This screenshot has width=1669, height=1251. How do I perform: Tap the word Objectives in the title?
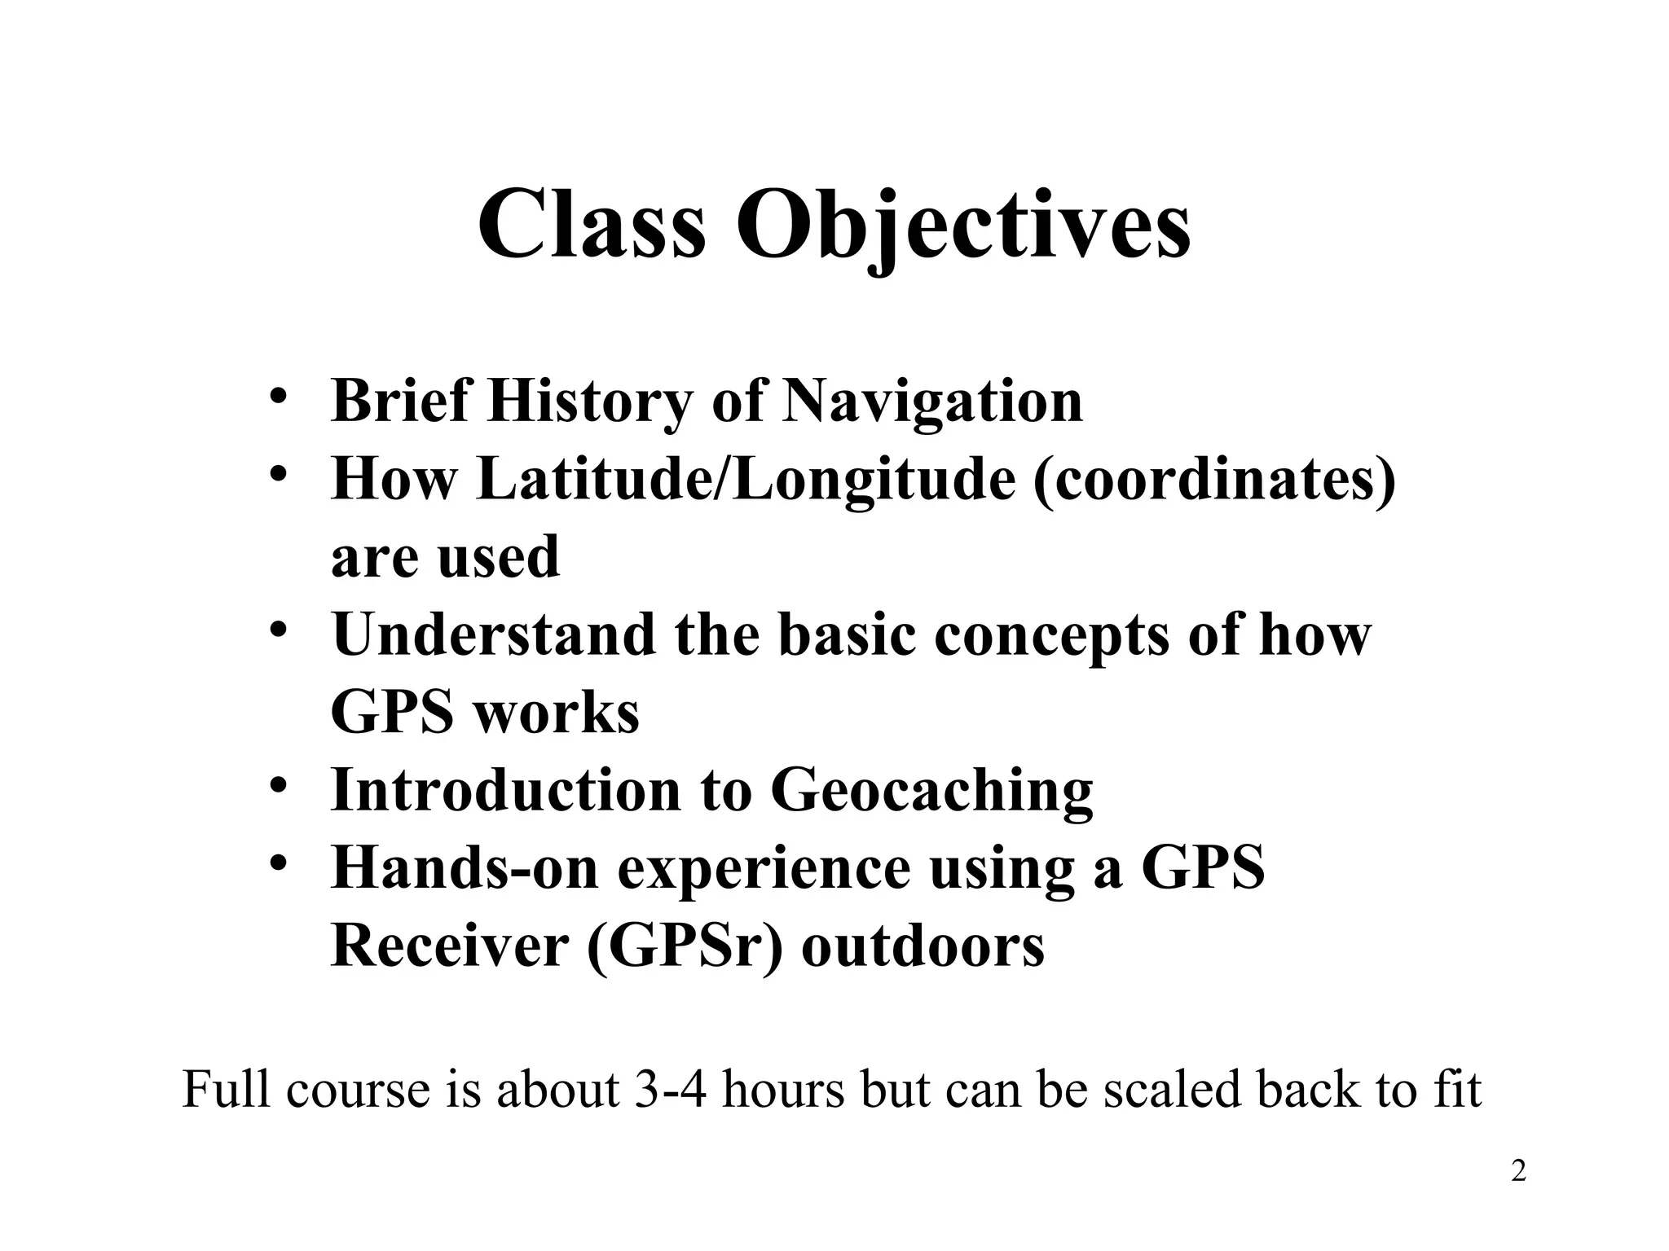point(963,223)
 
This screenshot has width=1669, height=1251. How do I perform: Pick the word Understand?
point(494,634)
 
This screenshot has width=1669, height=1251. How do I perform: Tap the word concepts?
point(1051,634)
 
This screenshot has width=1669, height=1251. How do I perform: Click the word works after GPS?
point(557,713)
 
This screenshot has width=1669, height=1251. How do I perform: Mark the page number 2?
point(1518,1172)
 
